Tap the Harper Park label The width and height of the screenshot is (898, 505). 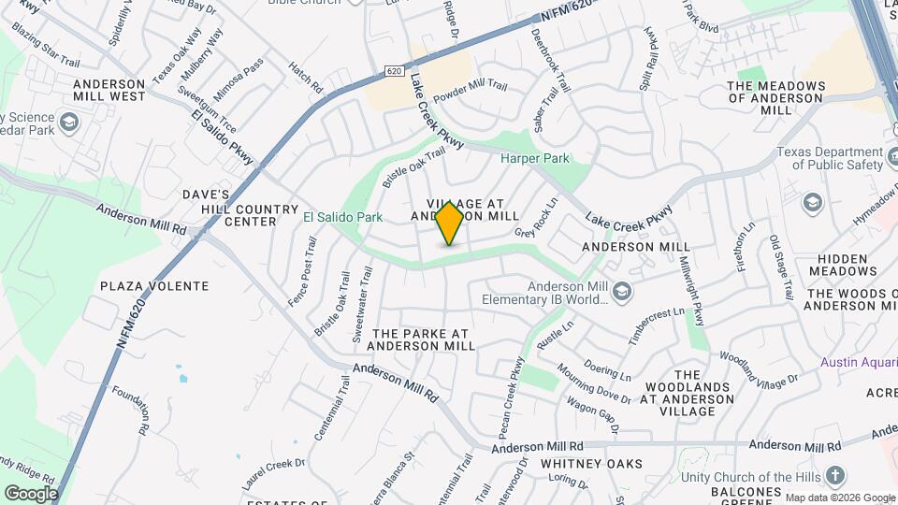(x=534, y=159)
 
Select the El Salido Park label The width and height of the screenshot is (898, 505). (x=343, y=217)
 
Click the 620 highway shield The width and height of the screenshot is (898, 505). (x=394, y=71)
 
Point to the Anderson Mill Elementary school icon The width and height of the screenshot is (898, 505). (x=624, y=292)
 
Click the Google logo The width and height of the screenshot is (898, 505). (x=31, y=494)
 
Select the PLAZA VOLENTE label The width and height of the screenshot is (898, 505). (x=154, y=285)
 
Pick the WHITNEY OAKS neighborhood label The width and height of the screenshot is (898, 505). (x=592, y=464)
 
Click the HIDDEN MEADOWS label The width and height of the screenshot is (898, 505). (x=847, y=265)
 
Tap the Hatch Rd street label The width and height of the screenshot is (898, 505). (x=306, y=77)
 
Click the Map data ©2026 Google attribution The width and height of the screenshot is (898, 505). (x=839, y=498)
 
